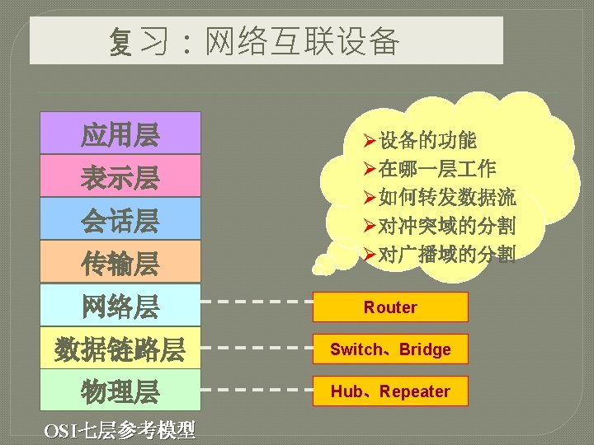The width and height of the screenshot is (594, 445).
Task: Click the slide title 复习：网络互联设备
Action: [254, 41]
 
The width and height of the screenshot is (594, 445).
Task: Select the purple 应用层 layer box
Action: [120, 133]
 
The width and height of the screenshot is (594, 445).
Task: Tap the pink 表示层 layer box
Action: [120, 176]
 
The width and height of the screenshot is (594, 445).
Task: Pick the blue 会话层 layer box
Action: [120, 220]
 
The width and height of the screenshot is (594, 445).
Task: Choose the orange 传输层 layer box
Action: [120, 263]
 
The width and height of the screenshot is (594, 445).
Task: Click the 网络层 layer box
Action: [120, 307]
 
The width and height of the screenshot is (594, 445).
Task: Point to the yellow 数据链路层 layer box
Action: [120, 349]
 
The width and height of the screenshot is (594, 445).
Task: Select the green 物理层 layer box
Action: [120, 391]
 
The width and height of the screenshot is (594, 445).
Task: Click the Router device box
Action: [390, 307]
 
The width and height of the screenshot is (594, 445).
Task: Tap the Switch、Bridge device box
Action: [390, 349]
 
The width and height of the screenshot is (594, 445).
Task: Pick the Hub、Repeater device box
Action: [390, 391]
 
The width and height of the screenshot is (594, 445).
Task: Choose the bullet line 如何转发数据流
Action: [445, 197]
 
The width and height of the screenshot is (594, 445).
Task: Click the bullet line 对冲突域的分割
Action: [445, 225]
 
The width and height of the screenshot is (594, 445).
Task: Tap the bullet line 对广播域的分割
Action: [445, 254]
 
